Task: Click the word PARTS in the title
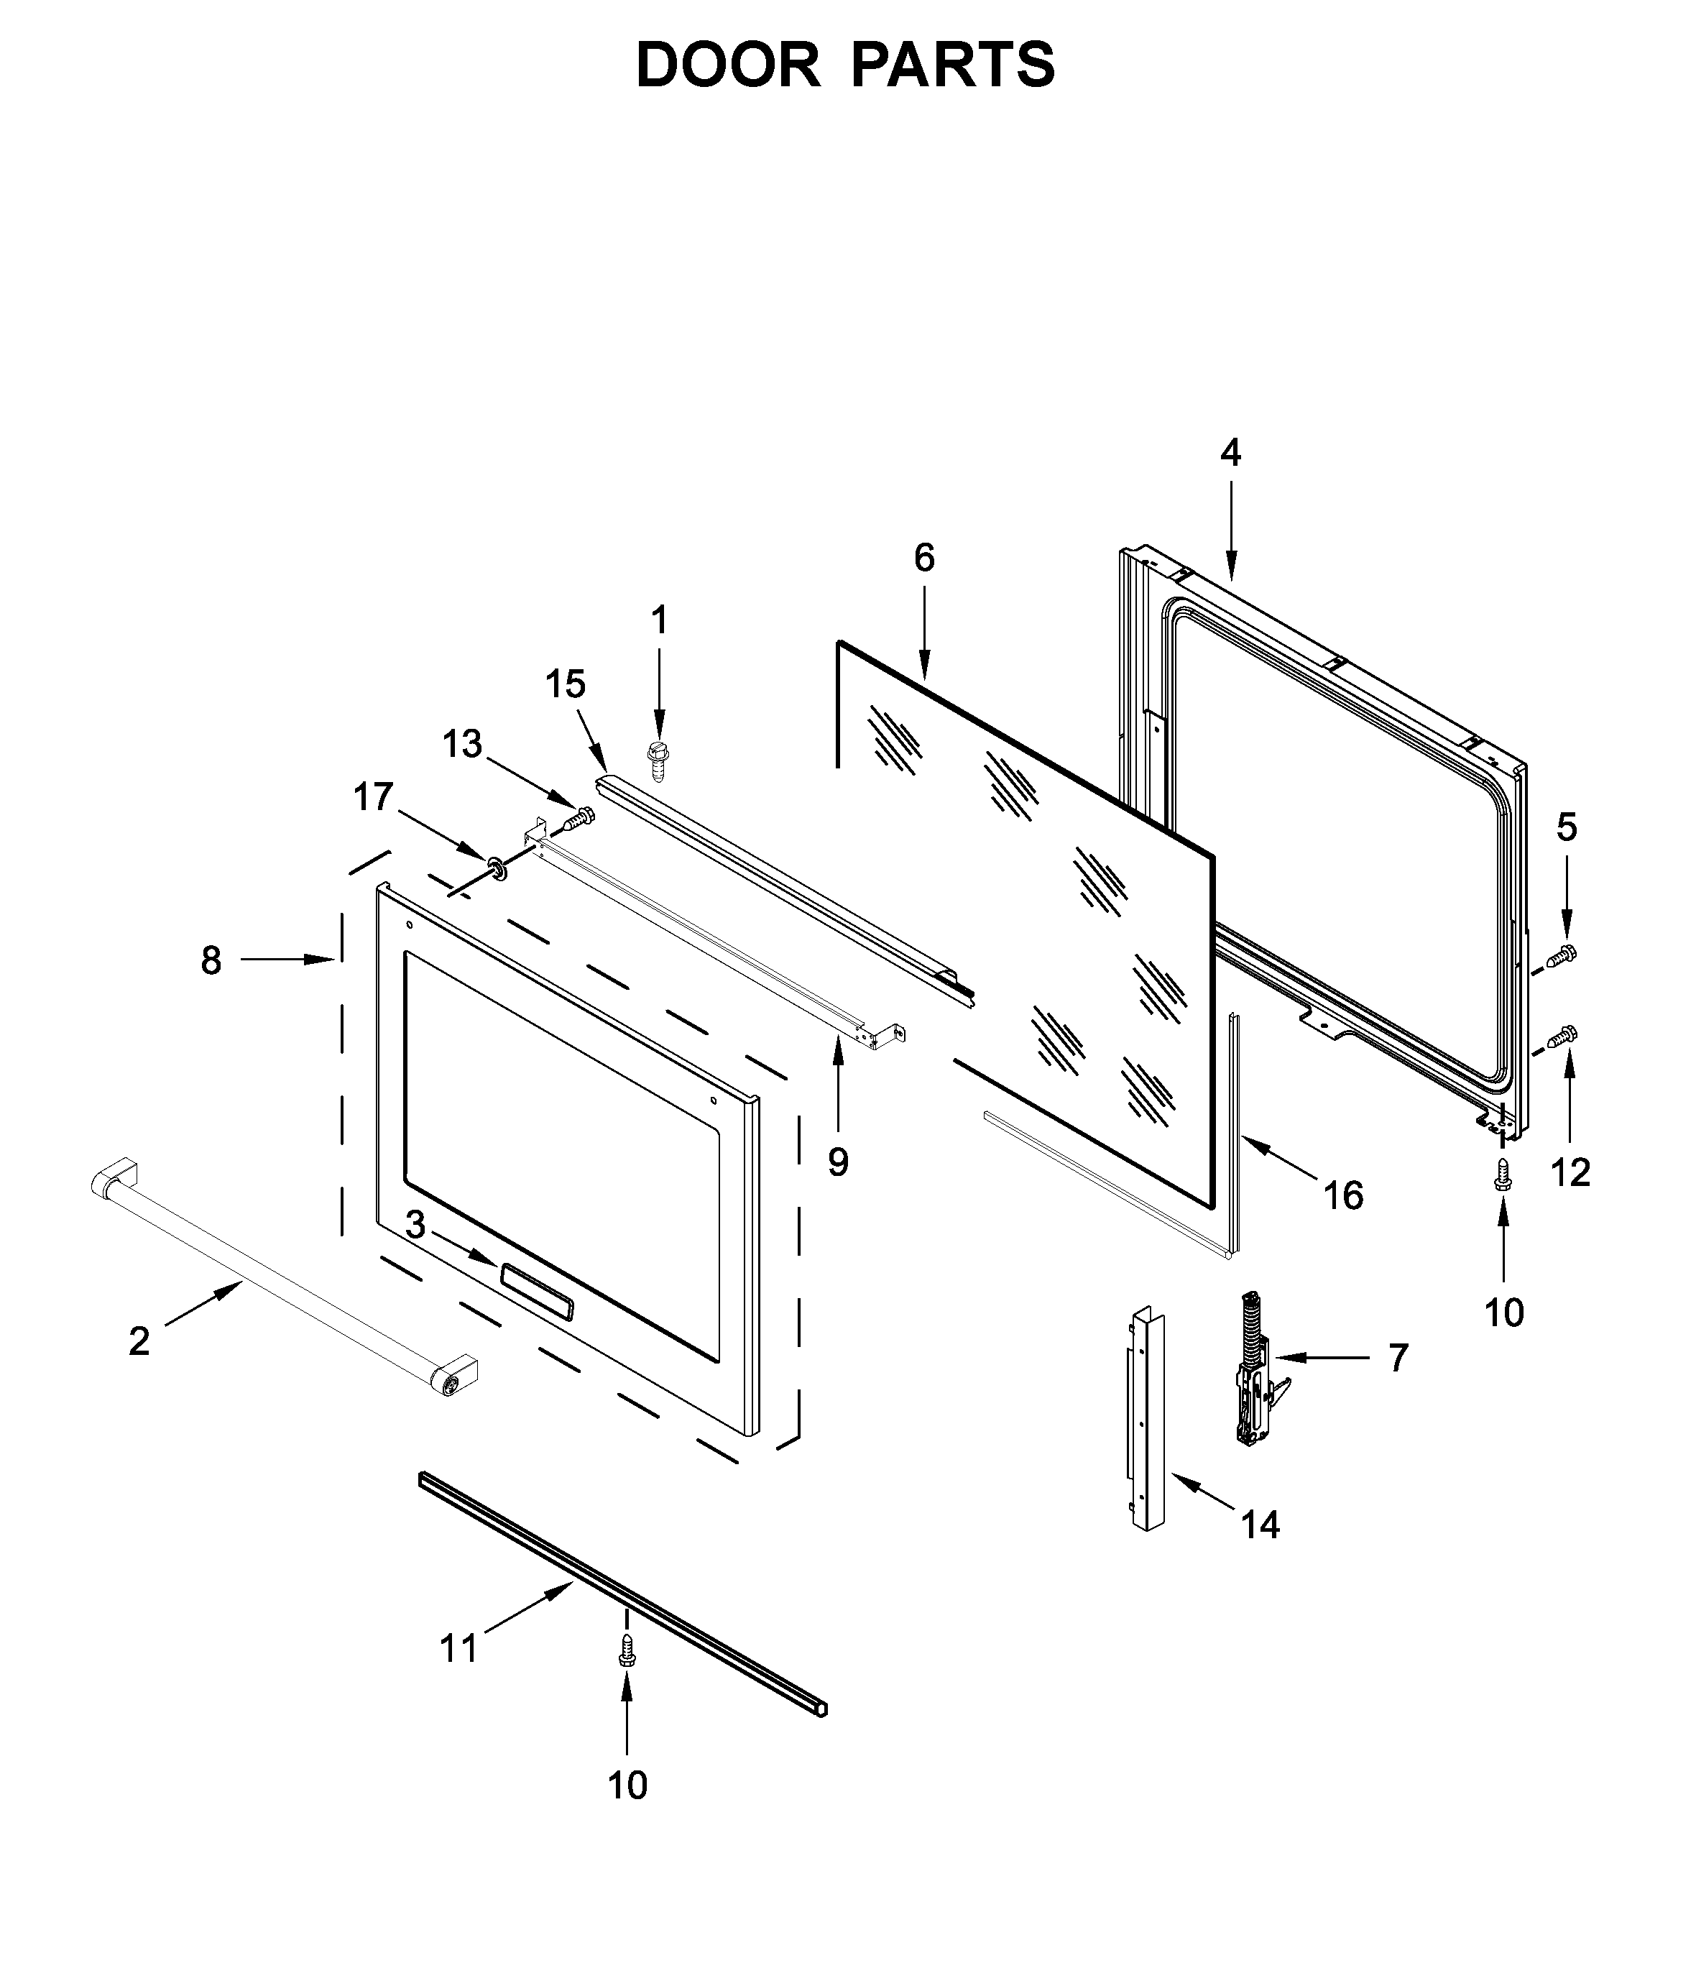tap(952, 65)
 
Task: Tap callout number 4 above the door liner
tap(1230, 452)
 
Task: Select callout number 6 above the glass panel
tap(923, 557)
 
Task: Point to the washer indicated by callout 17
tap(496, 869)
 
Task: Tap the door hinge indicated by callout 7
tap(1253, 1368)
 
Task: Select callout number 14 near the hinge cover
tap(1260, 1525)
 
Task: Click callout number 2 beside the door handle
tap(139, 1341)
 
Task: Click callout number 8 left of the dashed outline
tap(211, 959)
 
